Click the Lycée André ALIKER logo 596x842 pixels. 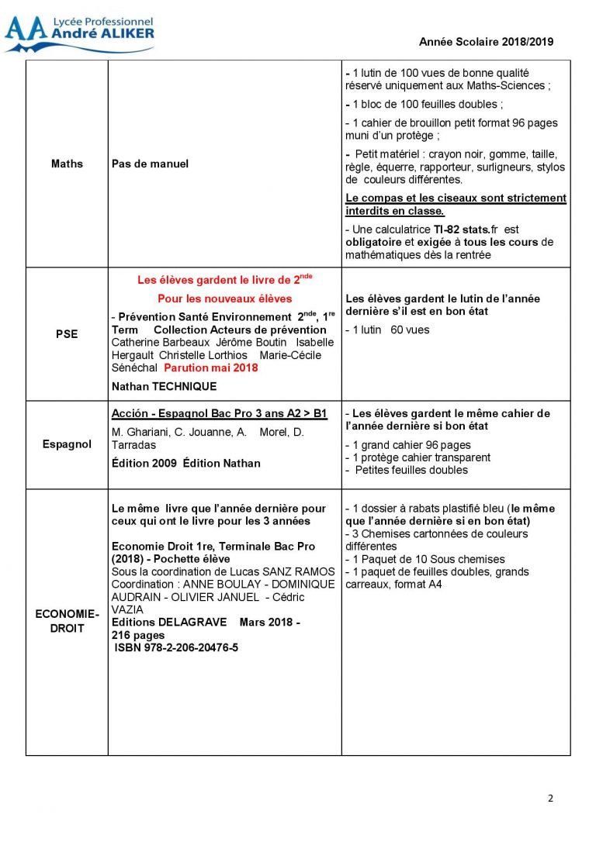(79, 34)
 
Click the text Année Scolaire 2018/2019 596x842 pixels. (486, 43)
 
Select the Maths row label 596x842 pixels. (67, 164)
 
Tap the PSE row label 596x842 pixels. (67, 335)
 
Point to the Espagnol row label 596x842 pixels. (67, 444)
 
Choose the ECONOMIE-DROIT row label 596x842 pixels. (67, 621)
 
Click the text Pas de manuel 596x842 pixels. (150, 164)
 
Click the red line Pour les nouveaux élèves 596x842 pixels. (224, 298)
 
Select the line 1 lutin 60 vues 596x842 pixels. (387, 330)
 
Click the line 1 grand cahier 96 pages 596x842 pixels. (408, 445)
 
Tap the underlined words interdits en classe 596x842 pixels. (395, 211)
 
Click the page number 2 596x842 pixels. (551, 799)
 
